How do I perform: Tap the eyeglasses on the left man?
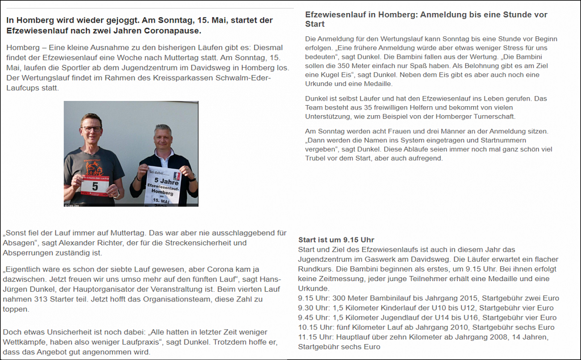[91, 129]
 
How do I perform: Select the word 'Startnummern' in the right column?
[502, 140]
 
